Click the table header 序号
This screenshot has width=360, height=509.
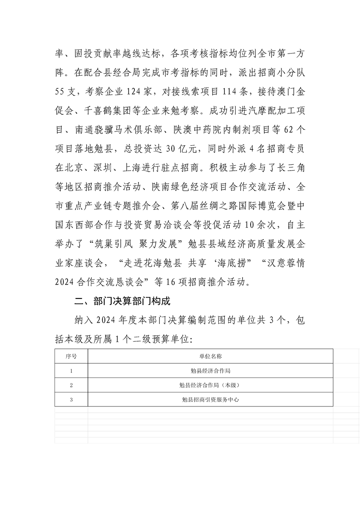click(x=71, y=356)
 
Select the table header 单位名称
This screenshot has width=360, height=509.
click(x=210, y=356)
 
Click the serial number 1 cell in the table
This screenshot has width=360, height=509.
click(x=71, y=371)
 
